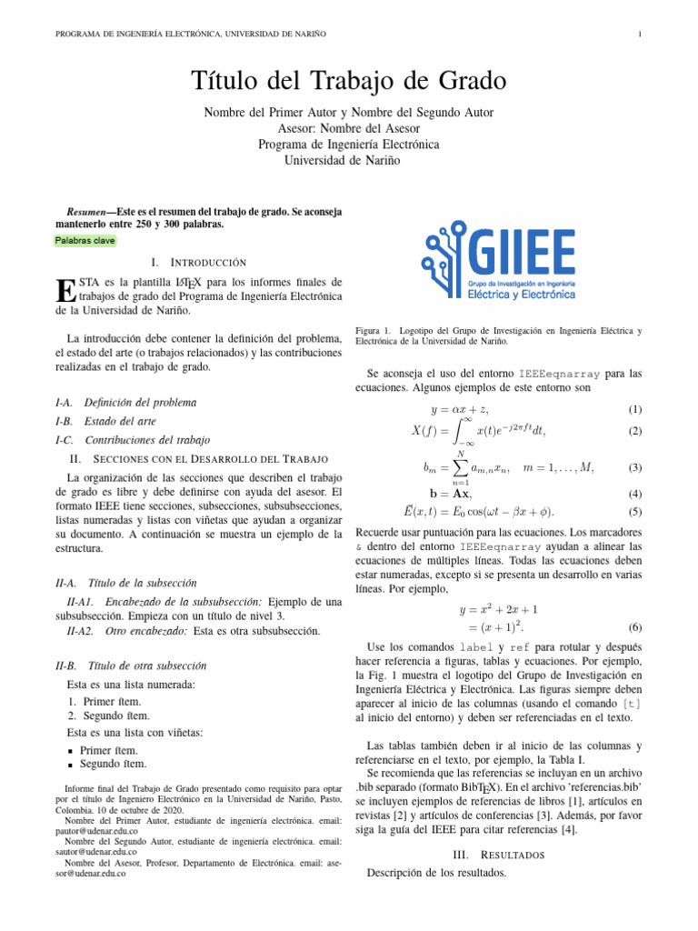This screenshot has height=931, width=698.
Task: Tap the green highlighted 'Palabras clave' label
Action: pyautogui.click(x=80, y=241)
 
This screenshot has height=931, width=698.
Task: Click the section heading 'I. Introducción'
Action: pyautogui.click(x=198, y=262)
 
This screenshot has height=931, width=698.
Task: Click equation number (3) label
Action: pyautogui.click(x=635, y=467)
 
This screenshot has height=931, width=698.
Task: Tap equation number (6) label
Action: pyautogui.click(x=635, y=627)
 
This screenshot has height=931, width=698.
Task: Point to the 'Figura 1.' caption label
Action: pyautogui.click(x=373, y=330)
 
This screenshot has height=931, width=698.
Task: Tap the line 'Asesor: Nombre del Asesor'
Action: pyautogui.click(x=349, y=128)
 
